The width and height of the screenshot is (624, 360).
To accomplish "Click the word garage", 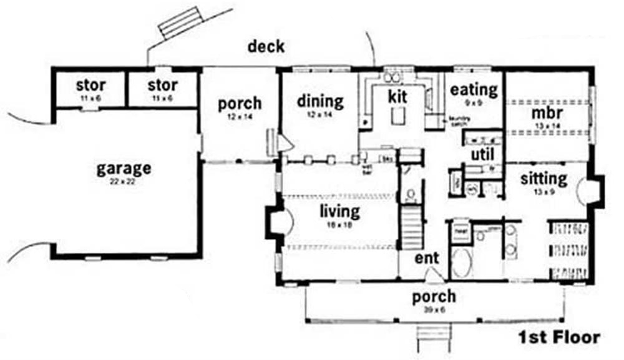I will pyautogui.click(x=124, y=168).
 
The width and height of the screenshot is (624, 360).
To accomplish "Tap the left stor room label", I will pyautogui.click(x=90, y=84).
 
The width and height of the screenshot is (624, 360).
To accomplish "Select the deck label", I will pyautogui.click(x=266, y=46).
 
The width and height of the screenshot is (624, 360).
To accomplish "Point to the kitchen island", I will pyautogui.click(x=397, y=116).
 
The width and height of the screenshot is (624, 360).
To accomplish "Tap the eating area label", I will pyautogui.click(x=474, y=89).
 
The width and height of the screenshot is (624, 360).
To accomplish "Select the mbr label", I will pyautogui.click(x=547, y=114).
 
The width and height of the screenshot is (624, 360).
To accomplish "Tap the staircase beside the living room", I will pyautogui.click(x=411, y=228).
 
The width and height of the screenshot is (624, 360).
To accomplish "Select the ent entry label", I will pyautogui.click(x=427, y=258).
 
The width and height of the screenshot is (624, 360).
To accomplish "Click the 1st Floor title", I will pyautogui.click(x=558, y=338).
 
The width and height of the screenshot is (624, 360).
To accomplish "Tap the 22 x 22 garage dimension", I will pyautogui.click(x=124, y=181).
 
